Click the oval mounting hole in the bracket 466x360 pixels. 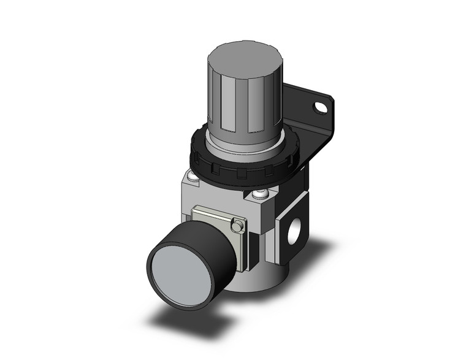pyautogui.click(x=319, y=109)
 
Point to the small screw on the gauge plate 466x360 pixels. pyautogui.click(x=237, y=228)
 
